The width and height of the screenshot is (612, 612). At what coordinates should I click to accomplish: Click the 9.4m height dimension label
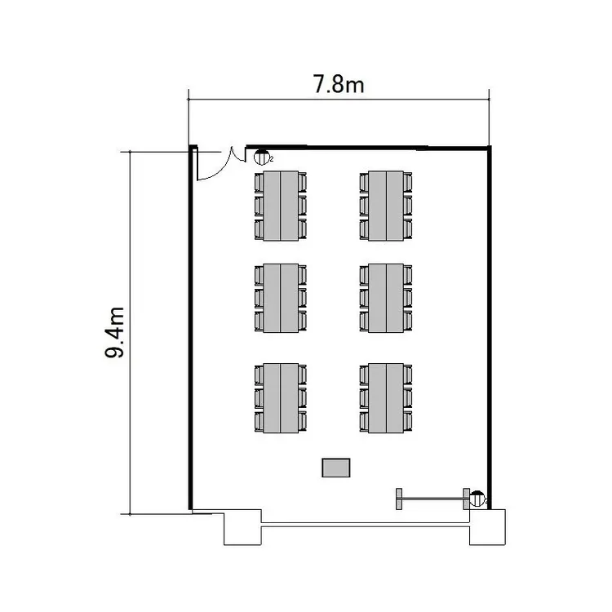pos(115,333)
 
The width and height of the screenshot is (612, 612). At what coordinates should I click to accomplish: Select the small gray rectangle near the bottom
pos(336,468)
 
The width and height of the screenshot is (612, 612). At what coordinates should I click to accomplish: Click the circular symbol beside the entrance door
pos(262,158)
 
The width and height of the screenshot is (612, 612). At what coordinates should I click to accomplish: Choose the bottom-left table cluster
pos(281,398)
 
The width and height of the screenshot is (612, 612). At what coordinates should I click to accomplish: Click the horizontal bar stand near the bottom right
pos(432,498)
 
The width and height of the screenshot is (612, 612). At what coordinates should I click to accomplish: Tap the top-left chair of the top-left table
pos(259,181)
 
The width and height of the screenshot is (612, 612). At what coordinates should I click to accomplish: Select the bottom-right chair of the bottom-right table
pos(409,422)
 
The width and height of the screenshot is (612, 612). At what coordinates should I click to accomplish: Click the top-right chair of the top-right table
pos(409,181)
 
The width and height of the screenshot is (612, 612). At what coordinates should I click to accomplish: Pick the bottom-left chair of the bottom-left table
pos(259,422)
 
